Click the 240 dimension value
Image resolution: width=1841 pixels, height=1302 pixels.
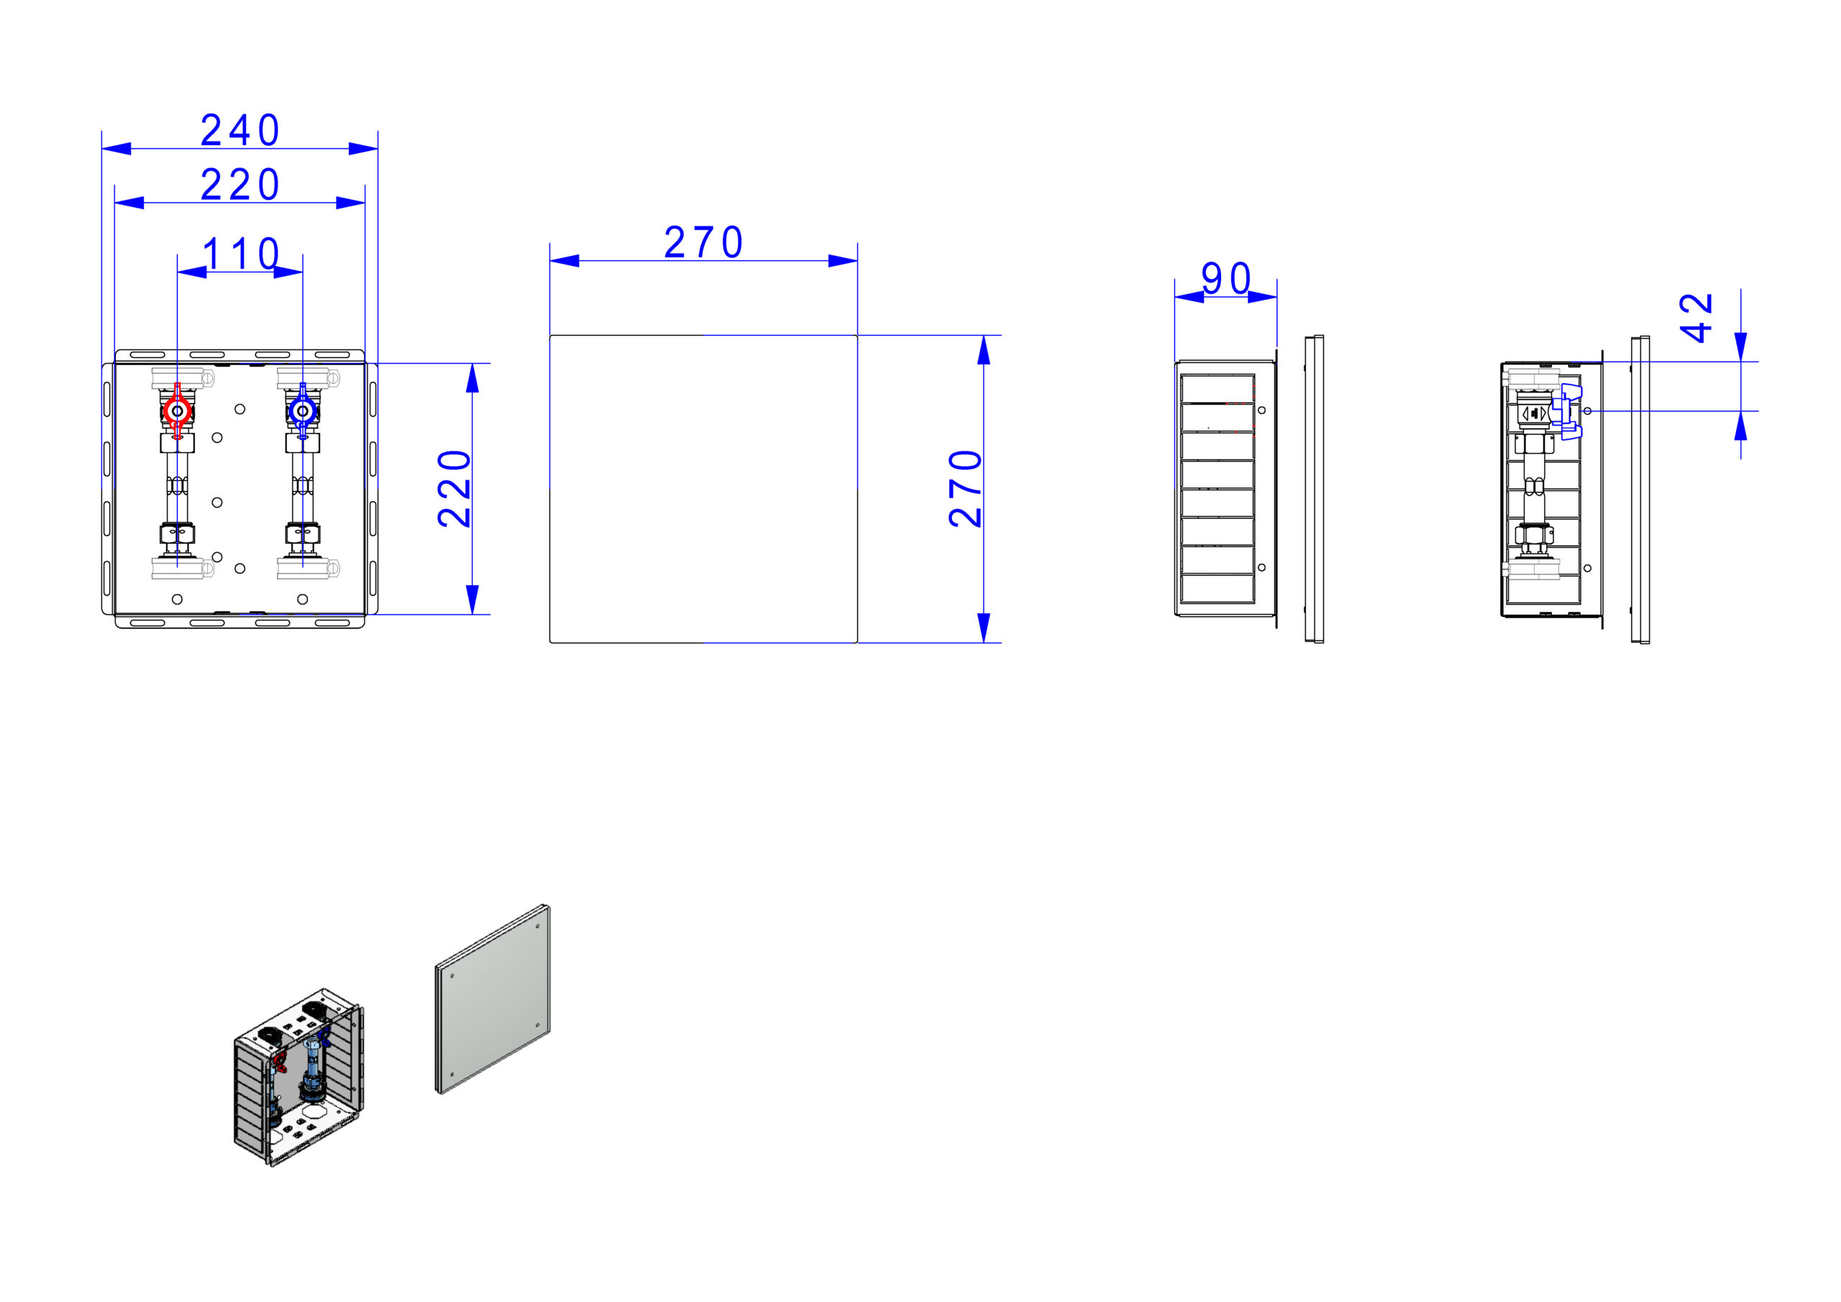239,130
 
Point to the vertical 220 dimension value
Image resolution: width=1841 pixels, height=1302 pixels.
454,488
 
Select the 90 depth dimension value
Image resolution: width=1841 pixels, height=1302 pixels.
1226,278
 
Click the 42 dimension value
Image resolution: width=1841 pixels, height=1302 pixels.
1696,318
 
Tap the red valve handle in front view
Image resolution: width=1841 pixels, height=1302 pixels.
177,411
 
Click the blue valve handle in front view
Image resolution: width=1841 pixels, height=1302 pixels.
302,411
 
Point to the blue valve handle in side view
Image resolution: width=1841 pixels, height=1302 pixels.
1567,412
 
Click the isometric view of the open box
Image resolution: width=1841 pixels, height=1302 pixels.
298,1077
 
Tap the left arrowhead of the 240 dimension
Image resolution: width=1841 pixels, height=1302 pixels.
117,148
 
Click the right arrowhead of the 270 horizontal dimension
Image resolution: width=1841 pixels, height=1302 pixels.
843,260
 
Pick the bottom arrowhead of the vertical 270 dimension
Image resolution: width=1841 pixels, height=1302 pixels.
984,628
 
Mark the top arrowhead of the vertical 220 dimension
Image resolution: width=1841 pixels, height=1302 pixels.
472,377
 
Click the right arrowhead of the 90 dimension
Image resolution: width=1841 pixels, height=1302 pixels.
1263,297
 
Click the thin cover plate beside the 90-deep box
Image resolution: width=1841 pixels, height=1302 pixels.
1313,489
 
